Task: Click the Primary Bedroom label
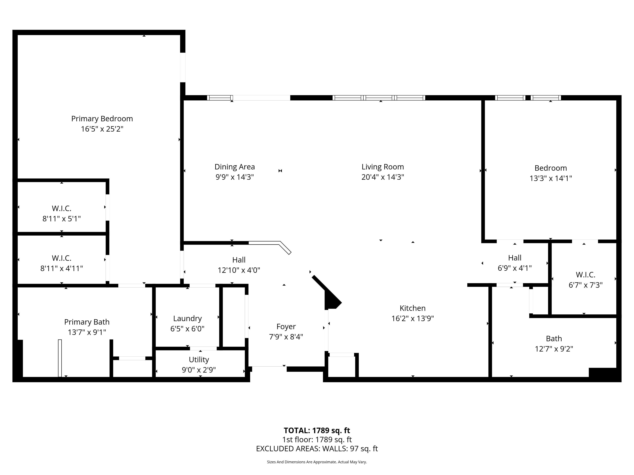(102, 119)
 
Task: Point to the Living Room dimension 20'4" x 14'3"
(383, 177)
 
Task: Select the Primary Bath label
(87, 322)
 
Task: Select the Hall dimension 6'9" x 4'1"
(515, 268)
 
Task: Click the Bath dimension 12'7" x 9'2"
(554, 349)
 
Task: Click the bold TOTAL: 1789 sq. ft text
(317, 430)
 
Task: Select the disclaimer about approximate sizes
(317, 462)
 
